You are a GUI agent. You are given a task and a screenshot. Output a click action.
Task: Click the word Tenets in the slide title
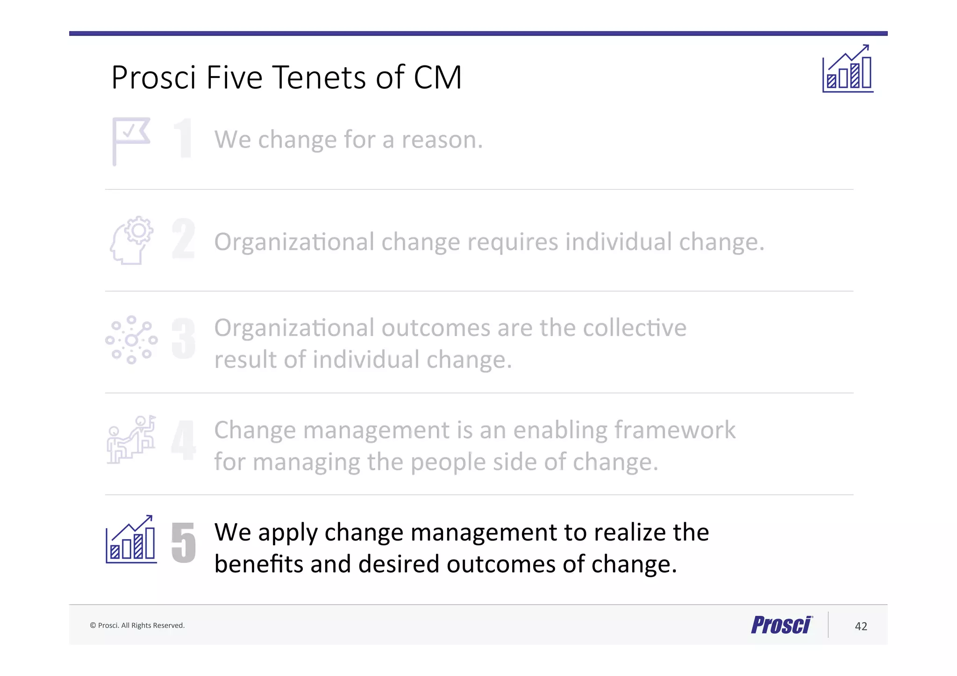(320, 78)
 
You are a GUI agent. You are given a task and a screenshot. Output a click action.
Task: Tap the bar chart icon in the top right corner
(848, 69)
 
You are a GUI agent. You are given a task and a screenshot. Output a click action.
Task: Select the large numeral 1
(183, 139)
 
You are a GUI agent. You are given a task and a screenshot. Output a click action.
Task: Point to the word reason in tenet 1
(442, 140)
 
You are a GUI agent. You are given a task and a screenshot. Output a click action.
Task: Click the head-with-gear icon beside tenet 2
(132, 241)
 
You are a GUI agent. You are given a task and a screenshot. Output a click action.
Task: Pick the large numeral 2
(183, 239)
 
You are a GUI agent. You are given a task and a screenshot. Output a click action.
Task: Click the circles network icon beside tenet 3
(131, 340)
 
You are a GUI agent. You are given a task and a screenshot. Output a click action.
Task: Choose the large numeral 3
(183, 339)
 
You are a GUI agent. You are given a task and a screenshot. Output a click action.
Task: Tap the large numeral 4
(183, 440)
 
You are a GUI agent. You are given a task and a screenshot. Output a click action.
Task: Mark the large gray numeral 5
(183, 542)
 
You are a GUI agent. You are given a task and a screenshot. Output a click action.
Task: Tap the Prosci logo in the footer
(781, 625)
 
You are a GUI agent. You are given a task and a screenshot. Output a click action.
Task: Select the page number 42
(861, 626)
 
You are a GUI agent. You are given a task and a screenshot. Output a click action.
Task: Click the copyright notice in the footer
(137, 626)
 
